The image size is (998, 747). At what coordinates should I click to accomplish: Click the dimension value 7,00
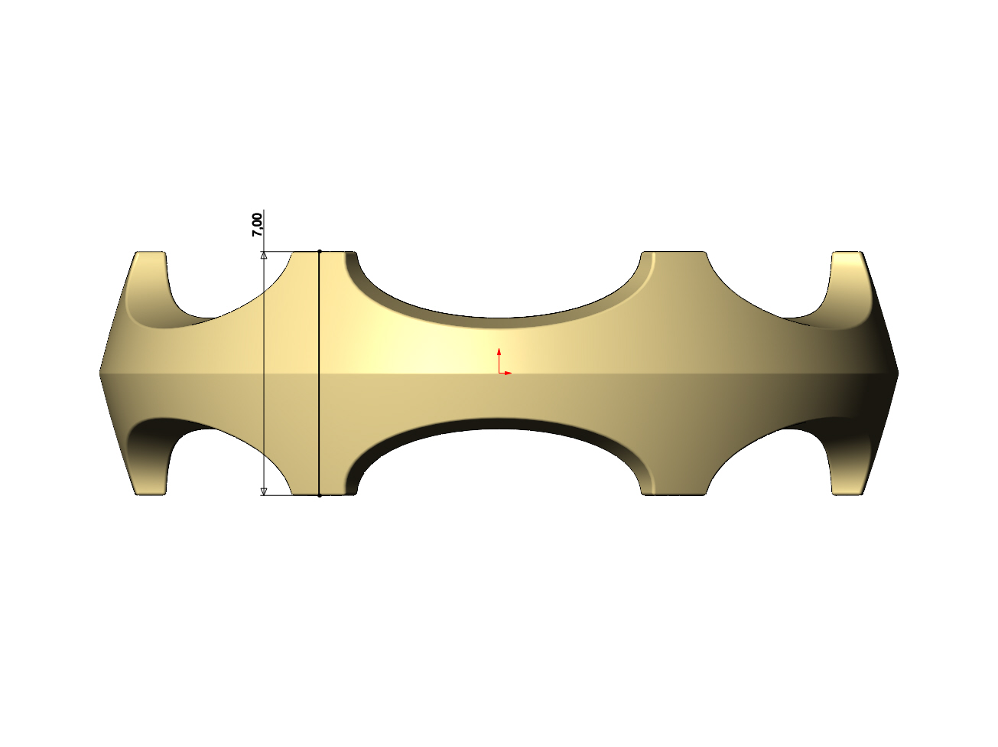point(258,225)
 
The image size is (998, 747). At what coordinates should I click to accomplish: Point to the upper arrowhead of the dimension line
point(264,255)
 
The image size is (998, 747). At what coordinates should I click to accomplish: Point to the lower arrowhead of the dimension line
point(264,491)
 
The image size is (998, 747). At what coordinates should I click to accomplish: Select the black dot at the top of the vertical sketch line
point(320,251)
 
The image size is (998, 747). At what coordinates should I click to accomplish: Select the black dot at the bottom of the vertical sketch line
point(320,495)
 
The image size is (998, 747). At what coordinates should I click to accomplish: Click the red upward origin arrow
point(499,360)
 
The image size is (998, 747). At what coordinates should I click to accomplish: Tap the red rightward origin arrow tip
point(511,373)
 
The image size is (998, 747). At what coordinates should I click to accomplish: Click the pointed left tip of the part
point(99,373)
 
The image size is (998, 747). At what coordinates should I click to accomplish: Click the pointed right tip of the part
point(899,373)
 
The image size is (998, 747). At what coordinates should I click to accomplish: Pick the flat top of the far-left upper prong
point(151,252)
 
